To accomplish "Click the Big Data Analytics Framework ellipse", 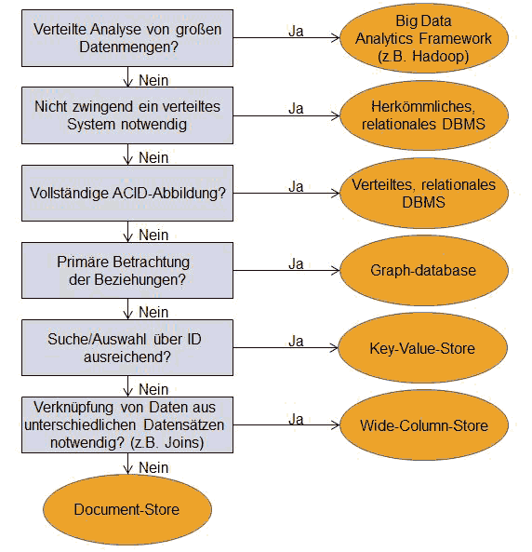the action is coord(423,38).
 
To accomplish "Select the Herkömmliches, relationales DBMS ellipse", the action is coord(423,115).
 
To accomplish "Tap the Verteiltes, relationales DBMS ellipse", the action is coord(423,193).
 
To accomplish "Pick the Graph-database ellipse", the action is coord(423,270).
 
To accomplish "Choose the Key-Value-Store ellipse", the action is coord(422,348).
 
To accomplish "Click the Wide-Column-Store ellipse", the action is coord(423,425).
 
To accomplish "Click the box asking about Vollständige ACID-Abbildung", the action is coord(127,193).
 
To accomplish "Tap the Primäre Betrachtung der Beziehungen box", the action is coord(127,270).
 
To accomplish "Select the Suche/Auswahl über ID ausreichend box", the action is coord(127,348).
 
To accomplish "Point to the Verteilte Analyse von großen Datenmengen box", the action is coord(127,38).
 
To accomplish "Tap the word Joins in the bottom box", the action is coord(184,442).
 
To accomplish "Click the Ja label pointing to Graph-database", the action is coord(296,263).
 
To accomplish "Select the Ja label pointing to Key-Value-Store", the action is coord(296,341).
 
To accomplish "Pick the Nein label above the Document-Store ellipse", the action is coord(153,467).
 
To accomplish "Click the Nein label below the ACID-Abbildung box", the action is coord(153,235).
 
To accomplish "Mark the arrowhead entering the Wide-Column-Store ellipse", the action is coord(335,424).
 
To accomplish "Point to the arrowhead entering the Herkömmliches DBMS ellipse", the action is coord(335,115).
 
